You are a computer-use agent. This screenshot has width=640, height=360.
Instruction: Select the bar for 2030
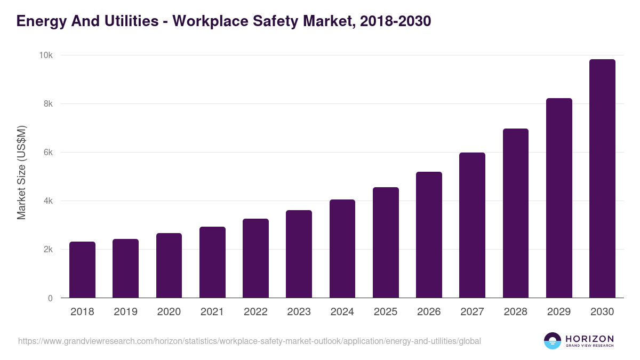click(602, 179)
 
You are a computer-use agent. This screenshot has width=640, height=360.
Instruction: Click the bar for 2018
click(82, 270)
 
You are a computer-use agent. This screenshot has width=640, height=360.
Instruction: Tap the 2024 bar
click(342, 249)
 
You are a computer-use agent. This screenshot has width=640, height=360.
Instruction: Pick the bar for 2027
click(472, 225)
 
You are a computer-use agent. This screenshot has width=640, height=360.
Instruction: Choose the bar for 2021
click(212, 262)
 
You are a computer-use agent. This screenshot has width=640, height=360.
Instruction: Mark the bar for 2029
click(559, 198)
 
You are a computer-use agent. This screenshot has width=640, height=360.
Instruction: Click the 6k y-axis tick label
click(49, 153)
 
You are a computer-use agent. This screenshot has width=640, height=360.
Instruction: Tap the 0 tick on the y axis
click(50, 298)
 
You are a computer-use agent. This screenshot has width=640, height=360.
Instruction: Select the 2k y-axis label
click(49, 250)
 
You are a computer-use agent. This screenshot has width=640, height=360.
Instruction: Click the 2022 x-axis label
click(255, 312)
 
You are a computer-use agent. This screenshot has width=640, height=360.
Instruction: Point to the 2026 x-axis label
click(429, 312)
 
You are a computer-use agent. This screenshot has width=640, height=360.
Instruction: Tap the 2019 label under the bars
click(125, 312)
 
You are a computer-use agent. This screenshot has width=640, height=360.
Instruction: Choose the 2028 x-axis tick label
click(516, 312)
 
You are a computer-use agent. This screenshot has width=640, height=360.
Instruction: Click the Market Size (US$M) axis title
click(21, 172)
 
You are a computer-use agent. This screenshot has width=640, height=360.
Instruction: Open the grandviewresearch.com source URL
click(250, 341)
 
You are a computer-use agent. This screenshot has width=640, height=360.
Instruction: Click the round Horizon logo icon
click(553, 341)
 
